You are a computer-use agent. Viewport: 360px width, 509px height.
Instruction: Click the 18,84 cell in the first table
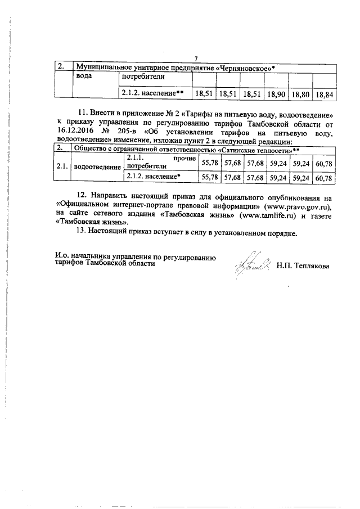(x=325, y=95)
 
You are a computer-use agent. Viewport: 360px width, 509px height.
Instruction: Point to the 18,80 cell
(x=300, y=95)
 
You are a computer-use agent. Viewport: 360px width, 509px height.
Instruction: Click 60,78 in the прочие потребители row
(x=325, y=163)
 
